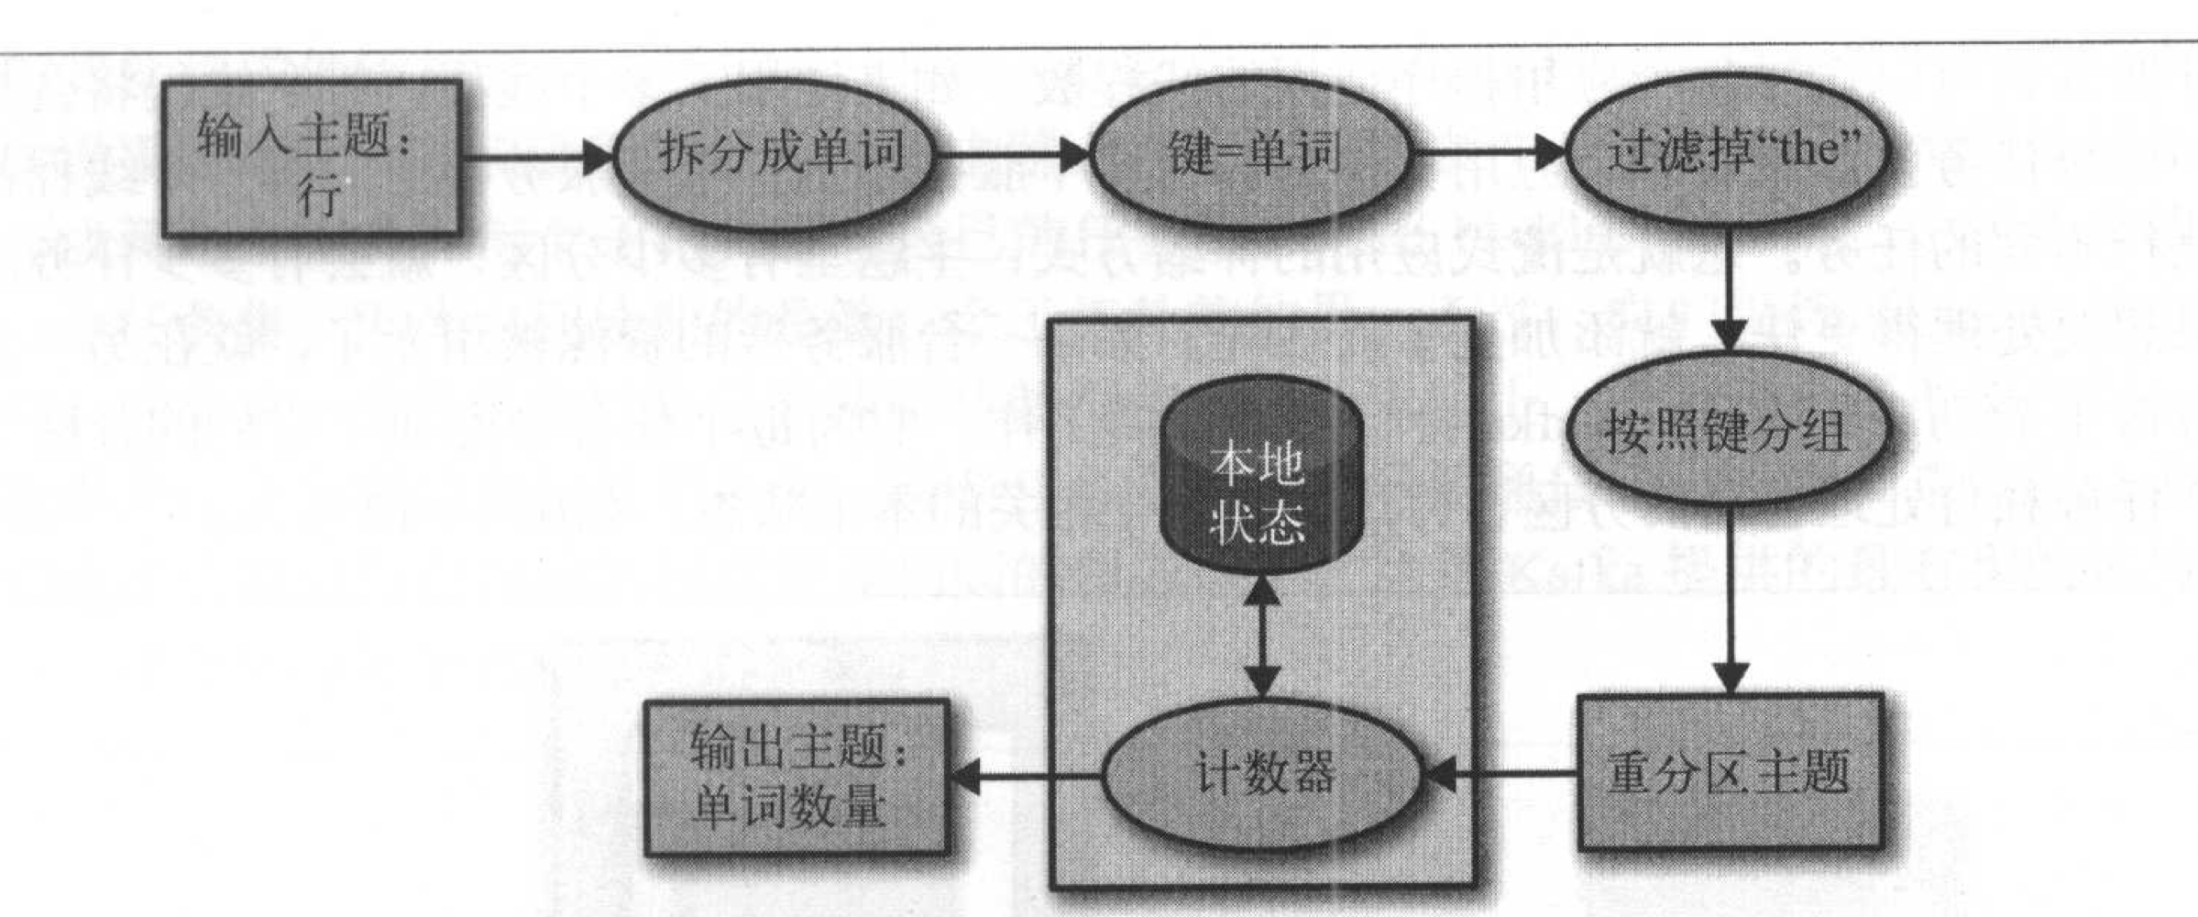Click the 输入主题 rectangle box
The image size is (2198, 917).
[312, 159]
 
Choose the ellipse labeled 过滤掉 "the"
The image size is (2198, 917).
[1727, 152]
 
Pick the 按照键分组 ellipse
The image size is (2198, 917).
[1727, 431]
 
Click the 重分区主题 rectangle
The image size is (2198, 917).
[1729, 772]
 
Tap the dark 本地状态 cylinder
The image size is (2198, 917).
[1259, 486]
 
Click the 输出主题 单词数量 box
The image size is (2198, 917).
[796, 778]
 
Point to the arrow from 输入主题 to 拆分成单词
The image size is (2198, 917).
[536, 156]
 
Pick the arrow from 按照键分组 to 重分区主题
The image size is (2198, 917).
[1729, 596]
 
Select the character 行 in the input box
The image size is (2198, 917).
[317, 195]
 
